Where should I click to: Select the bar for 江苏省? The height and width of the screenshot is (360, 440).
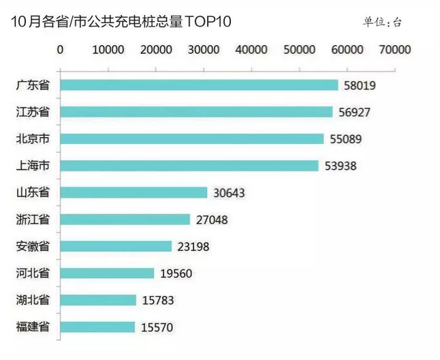click(196, 112)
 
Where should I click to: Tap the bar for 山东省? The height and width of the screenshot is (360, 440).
click(133, 193)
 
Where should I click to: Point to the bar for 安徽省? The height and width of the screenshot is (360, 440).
click(116, 246)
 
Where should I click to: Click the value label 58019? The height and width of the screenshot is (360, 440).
click(360, 85)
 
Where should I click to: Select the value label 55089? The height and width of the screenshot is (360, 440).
click(346, 139)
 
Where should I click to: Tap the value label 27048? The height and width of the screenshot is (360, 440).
click(212, 220)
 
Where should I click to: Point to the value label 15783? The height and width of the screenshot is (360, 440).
click(159, 300)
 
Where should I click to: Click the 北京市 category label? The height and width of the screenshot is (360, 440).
click(33, 139)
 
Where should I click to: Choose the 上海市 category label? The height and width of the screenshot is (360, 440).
click(33, 166)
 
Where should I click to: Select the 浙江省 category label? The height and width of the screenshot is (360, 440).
click(33, 220)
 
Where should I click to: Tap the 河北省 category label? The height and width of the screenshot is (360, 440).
click(33, 273)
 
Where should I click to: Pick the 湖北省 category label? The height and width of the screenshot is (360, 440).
click(33, 300)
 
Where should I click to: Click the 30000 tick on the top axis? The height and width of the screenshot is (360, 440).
click(204, 49)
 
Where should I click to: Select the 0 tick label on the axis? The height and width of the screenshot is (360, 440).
click(61, 49)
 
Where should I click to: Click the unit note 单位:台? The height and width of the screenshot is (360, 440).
click(382, 22)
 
